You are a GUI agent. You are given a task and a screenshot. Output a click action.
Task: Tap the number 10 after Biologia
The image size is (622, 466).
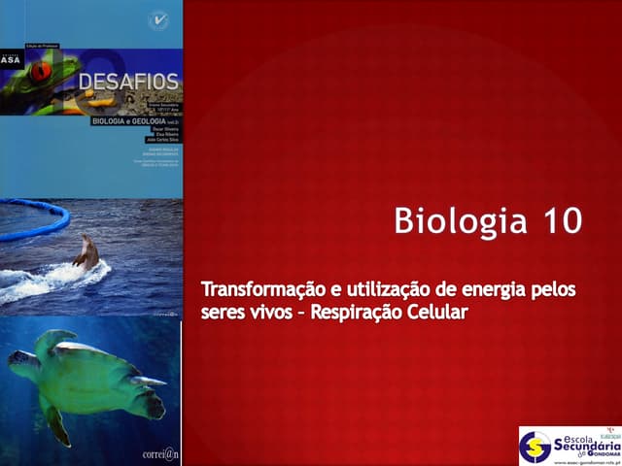pyautogui.click(x=558, y=220)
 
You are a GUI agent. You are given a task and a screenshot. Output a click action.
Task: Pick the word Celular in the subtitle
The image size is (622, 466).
pyautogui.click(x=436, y=314)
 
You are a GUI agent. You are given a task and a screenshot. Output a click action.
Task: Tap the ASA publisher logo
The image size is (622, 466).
pyautogui.click(x=12, y=57)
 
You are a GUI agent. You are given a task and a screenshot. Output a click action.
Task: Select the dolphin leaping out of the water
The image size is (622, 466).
pyautogui.click(x=86, y=254)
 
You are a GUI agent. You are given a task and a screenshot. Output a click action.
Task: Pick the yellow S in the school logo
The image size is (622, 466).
pyautogui.click(x=535, y=447)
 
